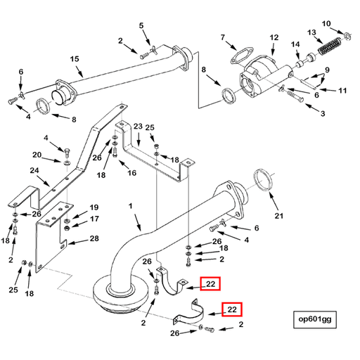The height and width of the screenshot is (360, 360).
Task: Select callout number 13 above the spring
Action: [x=311, y=33]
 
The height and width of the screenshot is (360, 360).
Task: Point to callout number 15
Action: [x=74, y=59]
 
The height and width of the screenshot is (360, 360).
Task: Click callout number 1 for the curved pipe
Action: [x=130, y=207]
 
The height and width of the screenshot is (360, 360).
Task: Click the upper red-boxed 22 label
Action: [x=210, y=283]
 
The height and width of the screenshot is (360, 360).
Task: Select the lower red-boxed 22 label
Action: [x=231, y=309]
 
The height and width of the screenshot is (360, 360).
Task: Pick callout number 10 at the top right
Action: [x=326, y=25]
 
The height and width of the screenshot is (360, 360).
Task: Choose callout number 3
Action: [x=323, y=113]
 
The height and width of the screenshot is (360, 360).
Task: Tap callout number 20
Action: [x=37, y=155]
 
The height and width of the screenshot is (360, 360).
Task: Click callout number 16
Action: [x=131, y=173]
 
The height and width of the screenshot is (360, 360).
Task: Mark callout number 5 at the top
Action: [x=141, y=26]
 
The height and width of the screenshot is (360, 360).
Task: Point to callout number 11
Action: [x=343, y=91]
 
